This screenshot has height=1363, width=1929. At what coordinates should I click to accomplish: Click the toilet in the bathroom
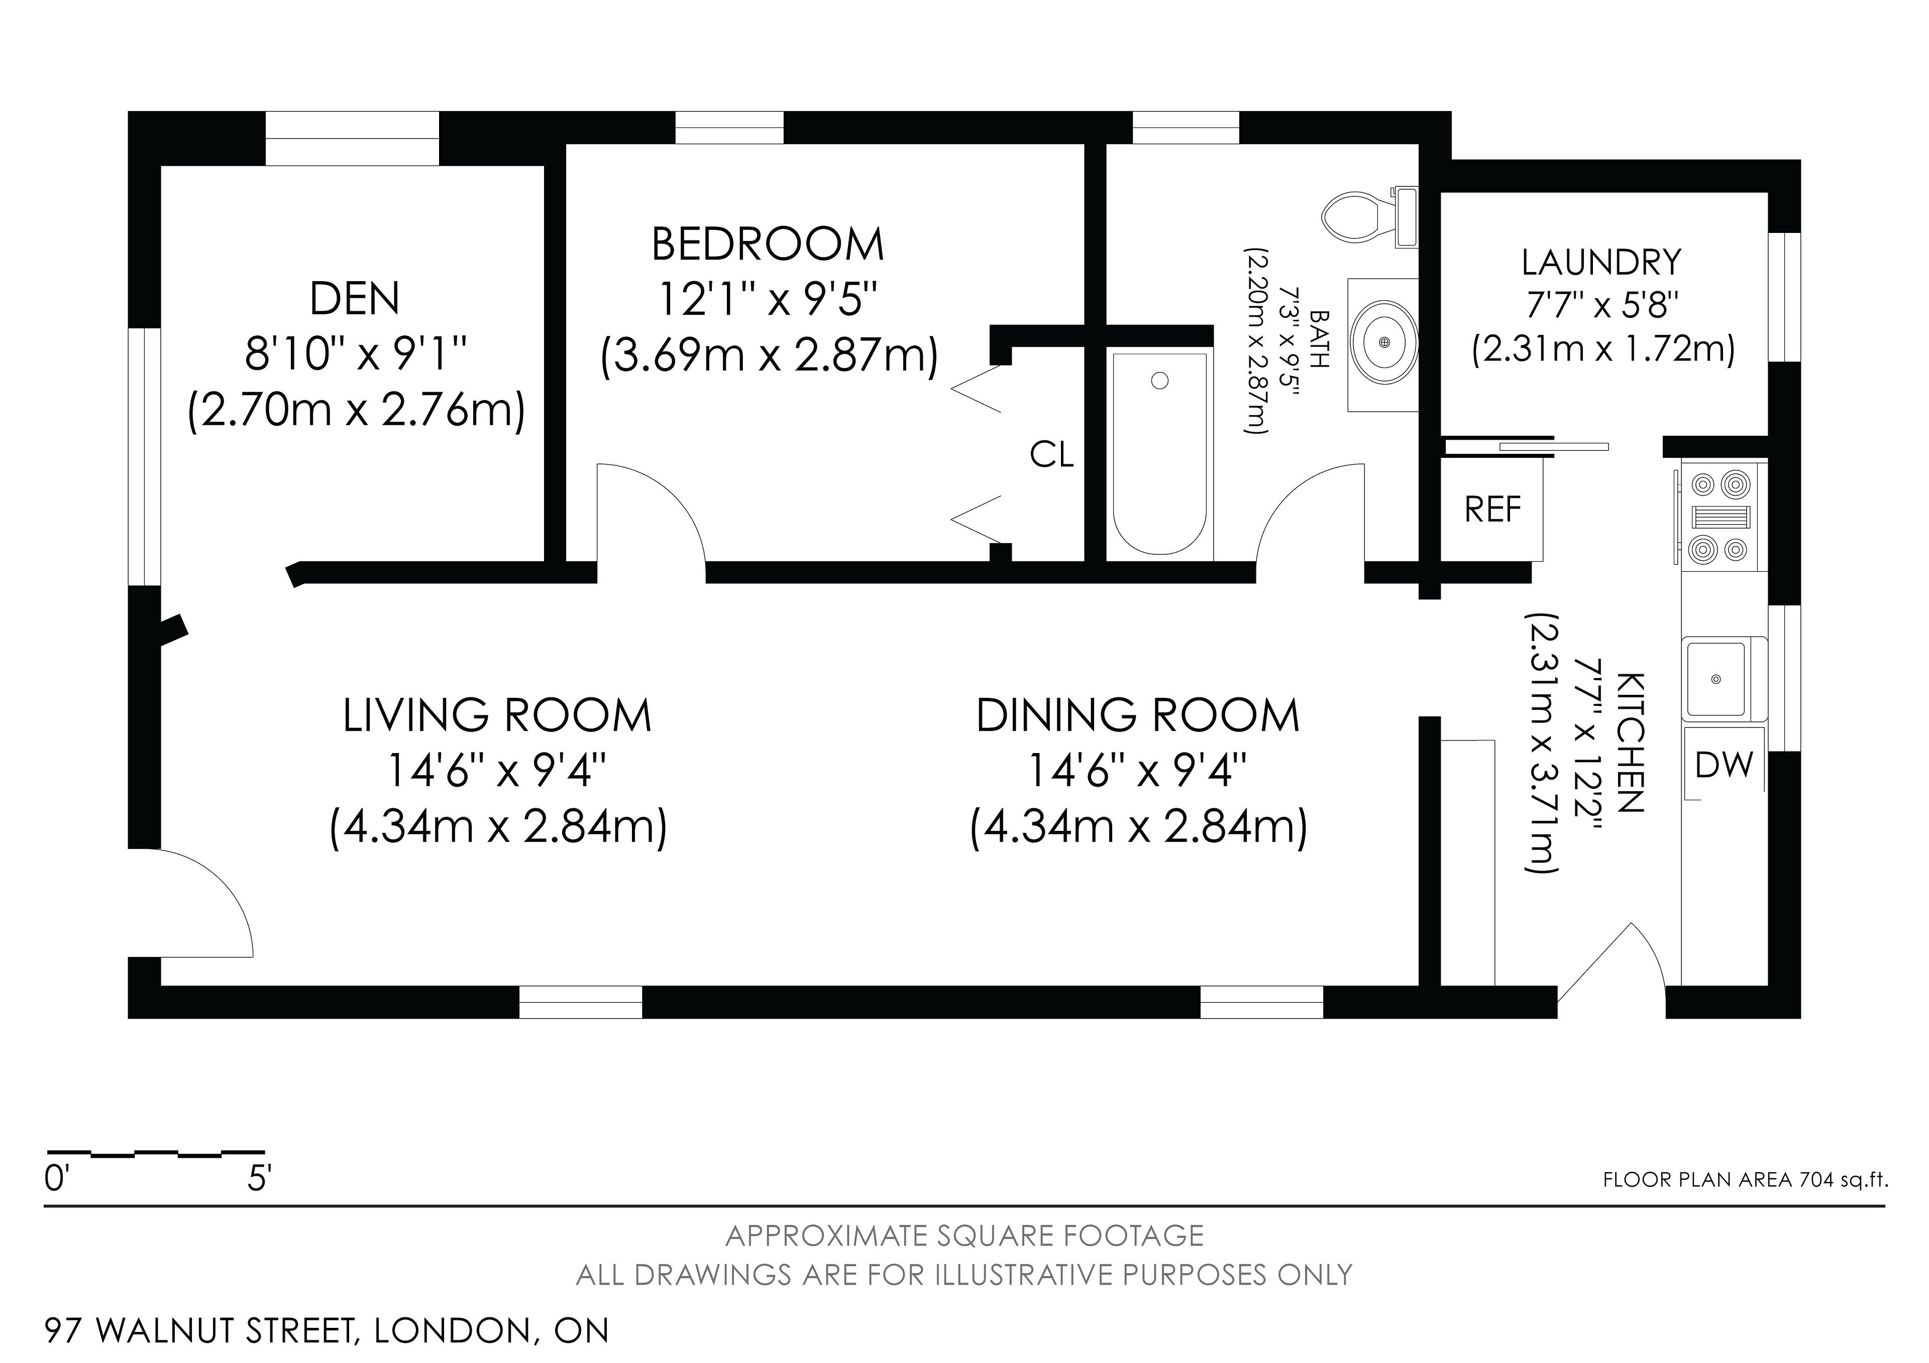pyautogui.click(x=1369, y=217)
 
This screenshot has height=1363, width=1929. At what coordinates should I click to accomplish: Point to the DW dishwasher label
pyautogui.click(x=1724, y=764)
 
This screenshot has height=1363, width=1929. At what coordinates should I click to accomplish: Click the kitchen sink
pyautogui.click(x=1717, y=679)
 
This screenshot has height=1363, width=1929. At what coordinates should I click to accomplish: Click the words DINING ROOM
pyautogui.click(x=1138, y=715)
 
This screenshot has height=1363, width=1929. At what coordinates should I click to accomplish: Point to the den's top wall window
pyautogui.click(x=352, y=139)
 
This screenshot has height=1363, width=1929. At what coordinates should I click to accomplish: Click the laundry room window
pyautogui.click(x=1784, y=297)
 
